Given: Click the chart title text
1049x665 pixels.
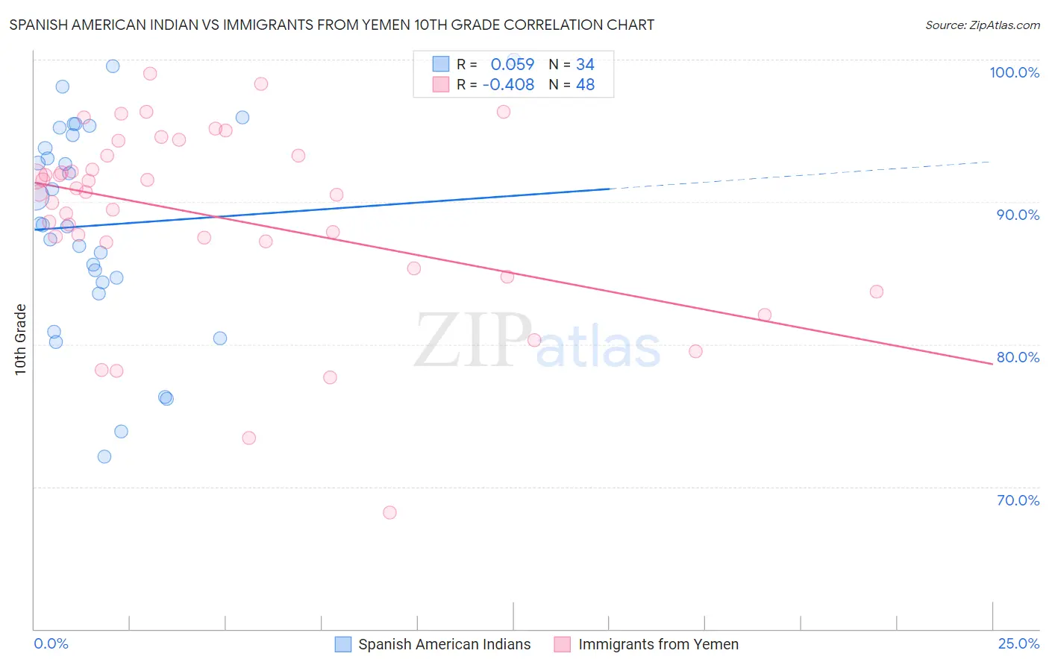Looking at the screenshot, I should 332,25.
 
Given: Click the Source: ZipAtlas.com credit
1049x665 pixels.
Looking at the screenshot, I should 982,25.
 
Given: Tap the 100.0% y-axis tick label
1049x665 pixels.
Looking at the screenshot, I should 1014,72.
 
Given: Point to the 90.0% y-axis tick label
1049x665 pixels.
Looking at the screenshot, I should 1018,215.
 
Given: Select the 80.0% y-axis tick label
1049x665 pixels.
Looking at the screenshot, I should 1018,357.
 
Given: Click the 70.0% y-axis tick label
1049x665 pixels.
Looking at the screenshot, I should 1018,500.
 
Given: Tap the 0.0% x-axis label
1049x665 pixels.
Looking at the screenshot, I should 51,643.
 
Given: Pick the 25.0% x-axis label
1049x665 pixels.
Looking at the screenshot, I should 1018,643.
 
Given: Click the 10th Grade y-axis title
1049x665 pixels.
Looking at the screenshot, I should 21,339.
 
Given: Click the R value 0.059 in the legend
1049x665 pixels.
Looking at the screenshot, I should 513,65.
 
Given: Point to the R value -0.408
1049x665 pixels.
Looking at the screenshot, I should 509,85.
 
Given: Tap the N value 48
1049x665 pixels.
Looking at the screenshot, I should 585,85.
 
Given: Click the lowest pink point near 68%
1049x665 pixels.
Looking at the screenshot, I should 389,512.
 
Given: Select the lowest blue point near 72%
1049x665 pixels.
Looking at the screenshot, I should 104,456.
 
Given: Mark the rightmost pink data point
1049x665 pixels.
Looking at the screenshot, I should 877,291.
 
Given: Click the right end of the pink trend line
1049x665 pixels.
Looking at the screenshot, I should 992,363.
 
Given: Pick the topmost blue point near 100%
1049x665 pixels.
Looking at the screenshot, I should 113,66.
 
